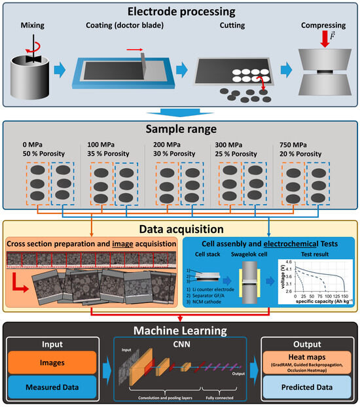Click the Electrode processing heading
pos(180,11)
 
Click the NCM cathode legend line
pos(211,304)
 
